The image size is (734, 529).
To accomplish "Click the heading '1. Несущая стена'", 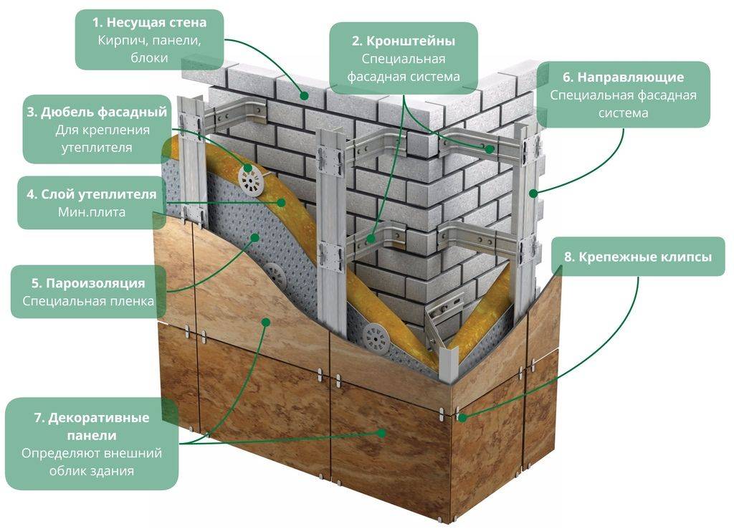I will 150,23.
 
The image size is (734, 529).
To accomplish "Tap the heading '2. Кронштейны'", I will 403,41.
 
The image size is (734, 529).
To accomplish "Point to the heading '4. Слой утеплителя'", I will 91,194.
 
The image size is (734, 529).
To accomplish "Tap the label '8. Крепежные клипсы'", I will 635,257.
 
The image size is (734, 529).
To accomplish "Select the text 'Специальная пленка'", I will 88,301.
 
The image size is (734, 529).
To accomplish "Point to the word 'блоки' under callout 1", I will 150,58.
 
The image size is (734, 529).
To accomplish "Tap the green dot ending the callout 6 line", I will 533,194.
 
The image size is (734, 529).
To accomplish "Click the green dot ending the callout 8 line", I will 459,416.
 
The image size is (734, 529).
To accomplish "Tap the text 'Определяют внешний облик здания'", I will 92,462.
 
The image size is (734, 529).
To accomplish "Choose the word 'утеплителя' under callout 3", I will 99,148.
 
